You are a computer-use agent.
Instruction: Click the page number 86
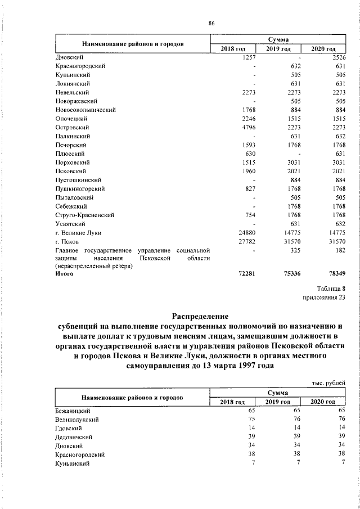[x=211, y=23]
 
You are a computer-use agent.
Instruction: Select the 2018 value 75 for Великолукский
[x=253, y=420]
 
